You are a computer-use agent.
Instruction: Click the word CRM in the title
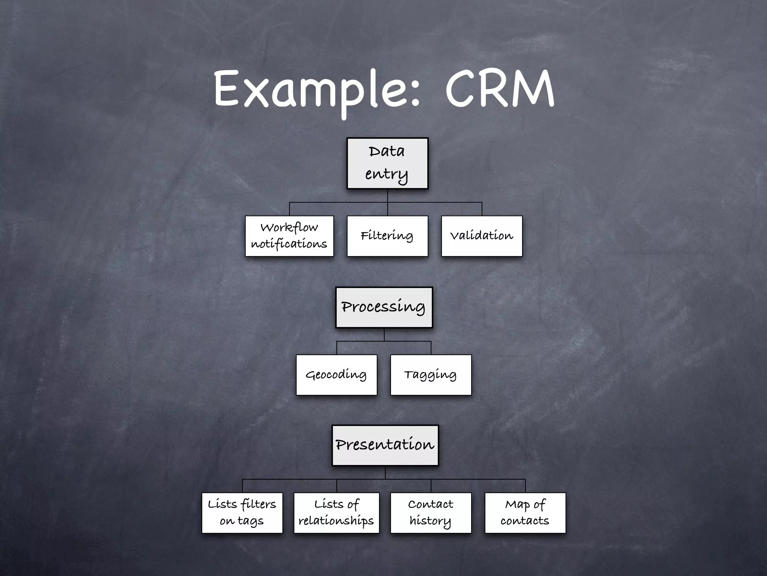(x=500, y=90)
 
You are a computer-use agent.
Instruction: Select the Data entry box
(x=387, y=163)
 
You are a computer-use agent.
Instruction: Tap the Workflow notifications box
(x=289, y=236)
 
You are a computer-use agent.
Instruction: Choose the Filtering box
(x=387, y=236)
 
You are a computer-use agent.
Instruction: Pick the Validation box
(x=482, y=236)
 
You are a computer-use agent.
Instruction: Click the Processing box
(x=384, y=307)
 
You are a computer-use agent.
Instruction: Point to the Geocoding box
(x=336, y=375)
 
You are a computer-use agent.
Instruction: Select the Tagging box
(x=431, y=375)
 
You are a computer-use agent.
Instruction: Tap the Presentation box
(x=385, y=445)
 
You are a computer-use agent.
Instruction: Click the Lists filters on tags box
(x=242, y=513)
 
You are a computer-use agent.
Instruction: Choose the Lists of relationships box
(x=336, y=513)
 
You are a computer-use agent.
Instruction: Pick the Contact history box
(x=431, y=513)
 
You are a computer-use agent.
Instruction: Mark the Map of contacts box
(x=525, y=513)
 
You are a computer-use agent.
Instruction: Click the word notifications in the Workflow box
(x=289, y=244)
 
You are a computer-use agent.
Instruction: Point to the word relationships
(x=336, y=521)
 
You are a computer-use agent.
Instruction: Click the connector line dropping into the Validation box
(x=482, y=209)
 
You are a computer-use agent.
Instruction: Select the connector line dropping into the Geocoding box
(x=337, y=348)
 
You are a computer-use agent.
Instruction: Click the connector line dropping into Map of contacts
(x=525, y=486)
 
